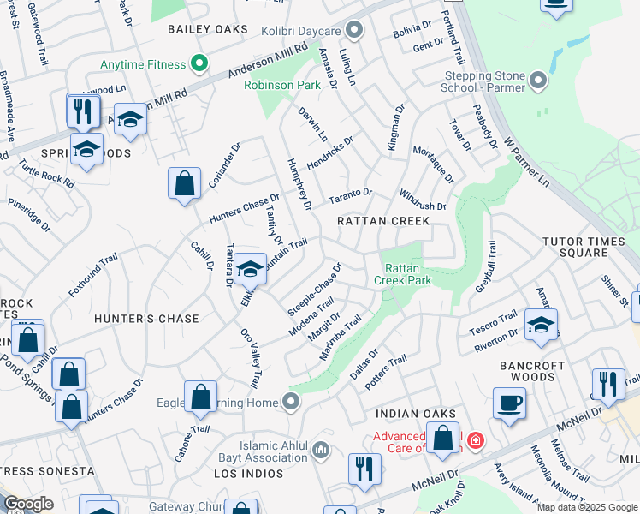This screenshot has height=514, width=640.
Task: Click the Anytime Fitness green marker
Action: pos(199,64)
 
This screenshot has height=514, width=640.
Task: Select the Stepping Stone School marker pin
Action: pos(538,81)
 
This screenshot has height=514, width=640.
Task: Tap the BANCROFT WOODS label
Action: pos(533,372)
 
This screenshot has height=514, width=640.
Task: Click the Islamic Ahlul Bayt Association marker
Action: pos(321,448)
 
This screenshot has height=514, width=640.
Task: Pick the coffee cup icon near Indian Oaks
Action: pos(509,403)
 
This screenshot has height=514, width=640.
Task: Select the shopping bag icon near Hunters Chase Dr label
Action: pos(185,183)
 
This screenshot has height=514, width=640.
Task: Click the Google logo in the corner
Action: pos(28,504)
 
